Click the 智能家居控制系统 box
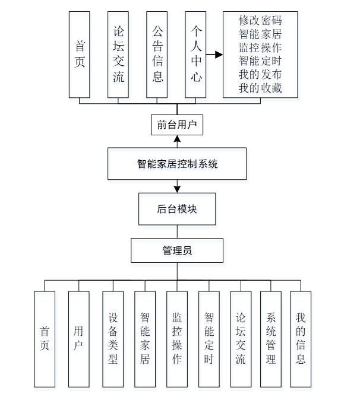(177, 164)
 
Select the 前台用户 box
(177, 125)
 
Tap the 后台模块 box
(177, 209)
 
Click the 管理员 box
(177, 250)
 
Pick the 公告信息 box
(157, 54)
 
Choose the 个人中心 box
(195, 54)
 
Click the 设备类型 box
(113, 339)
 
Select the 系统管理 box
(271, 339)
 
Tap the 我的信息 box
(301, 339)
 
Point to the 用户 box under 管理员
(79, 339)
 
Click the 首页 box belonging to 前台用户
(80, 54)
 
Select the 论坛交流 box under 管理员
(240, 339)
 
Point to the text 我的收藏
(260, 88)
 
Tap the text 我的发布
(260, 75)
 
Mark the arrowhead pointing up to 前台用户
(177, 139)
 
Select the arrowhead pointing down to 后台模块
(177, 189)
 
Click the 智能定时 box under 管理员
(209, 339)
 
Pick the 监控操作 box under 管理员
(177, 339)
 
